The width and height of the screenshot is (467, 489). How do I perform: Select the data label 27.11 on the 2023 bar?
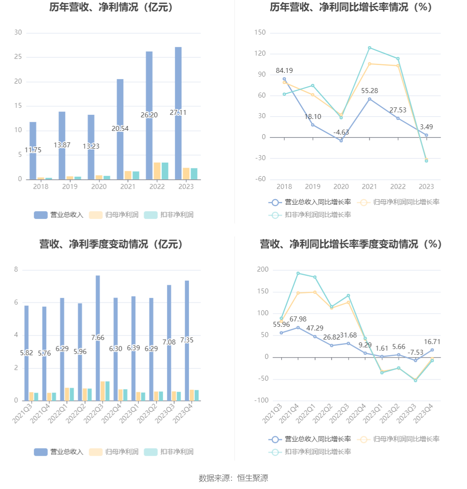tap(178, 112)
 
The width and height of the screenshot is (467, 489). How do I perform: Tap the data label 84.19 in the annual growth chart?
tap(284, 71)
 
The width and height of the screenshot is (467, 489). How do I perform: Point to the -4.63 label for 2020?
tap(341, 132)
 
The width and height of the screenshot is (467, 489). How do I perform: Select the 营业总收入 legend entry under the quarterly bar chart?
tap(59, 452)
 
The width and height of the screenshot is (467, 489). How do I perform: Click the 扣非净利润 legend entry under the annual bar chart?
tap(169, 214)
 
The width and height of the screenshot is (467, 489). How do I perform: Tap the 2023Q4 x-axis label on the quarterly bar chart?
tap(182, 413)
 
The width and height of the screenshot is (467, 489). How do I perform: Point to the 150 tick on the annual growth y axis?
tap(260, 33)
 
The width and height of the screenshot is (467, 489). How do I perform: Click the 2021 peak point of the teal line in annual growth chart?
tap(369, 48)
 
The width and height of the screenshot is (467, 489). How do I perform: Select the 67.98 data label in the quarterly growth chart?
tap(298, 319)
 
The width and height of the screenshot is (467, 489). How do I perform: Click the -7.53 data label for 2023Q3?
tap(415, 352)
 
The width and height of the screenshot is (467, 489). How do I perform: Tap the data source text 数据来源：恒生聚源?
tap(233, 478)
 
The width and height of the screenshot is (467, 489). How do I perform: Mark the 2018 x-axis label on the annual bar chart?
tap(40, 186)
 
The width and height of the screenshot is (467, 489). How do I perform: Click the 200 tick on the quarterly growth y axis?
tap(262, 270)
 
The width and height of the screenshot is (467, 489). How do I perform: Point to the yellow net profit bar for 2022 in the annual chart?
tap(157, 171)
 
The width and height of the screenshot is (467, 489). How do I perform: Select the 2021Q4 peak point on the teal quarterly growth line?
tap(298, 273)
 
